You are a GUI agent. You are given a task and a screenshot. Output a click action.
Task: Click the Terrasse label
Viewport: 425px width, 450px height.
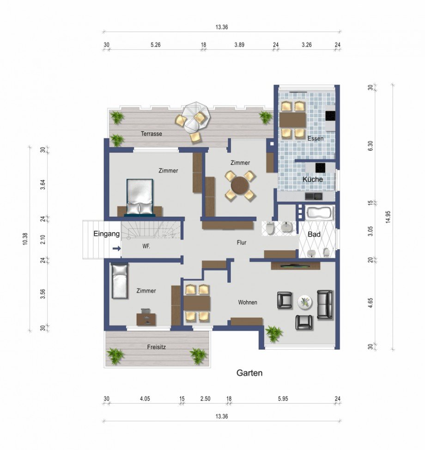pos(152,134)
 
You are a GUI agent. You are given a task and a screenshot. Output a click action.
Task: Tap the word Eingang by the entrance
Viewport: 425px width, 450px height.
pos(107,234)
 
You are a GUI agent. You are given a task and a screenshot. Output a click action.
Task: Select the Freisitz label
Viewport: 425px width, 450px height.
pos(157,347)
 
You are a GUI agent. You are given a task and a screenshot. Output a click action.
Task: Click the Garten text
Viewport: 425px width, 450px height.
pos(249,373)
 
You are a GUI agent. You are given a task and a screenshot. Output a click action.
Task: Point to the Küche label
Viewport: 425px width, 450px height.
pos(313,179)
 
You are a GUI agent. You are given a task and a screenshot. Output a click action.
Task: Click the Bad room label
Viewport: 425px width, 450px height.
pos(314,234)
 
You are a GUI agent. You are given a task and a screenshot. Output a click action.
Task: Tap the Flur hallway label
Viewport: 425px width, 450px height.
pos(242,242)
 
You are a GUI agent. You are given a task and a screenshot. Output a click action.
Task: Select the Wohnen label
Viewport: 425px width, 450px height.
pos(248,302)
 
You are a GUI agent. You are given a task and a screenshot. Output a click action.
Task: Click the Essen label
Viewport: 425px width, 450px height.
pos(316,139)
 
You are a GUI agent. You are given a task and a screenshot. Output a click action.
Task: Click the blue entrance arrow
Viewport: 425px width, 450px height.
pos(116,248)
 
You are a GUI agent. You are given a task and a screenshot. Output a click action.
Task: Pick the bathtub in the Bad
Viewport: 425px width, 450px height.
pos(320,213)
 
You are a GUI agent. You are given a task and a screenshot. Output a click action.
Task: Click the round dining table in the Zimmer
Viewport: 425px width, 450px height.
pos(240,185)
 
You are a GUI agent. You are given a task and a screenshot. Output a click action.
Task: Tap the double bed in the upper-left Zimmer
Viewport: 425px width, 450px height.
pos(140,197)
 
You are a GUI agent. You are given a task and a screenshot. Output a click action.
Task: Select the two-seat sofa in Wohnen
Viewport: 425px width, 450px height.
pos(325,304)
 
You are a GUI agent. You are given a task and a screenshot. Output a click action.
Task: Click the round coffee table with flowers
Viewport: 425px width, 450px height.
pos(305,302)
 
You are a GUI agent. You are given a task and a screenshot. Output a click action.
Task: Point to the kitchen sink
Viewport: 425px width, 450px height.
pos(314,196)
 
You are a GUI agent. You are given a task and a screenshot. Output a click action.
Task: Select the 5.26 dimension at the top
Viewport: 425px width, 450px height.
pos(155,45)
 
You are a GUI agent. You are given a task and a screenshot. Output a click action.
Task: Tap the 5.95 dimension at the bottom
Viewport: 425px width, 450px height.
pos(283,399)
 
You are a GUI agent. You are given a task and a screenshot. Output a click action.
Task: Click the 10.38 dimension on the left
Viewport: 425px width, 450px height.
pos(25,239)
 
